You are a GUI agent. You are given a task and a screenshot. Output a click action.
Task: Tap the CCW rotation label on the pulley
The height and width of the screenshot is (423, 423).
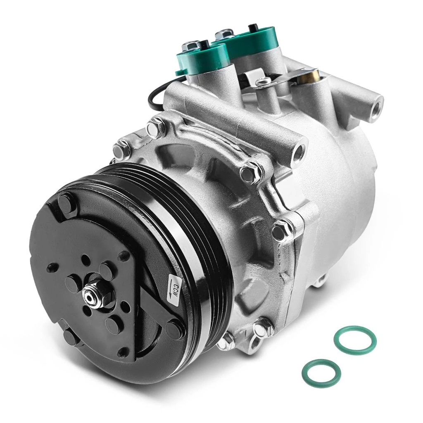pos(173,288)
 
